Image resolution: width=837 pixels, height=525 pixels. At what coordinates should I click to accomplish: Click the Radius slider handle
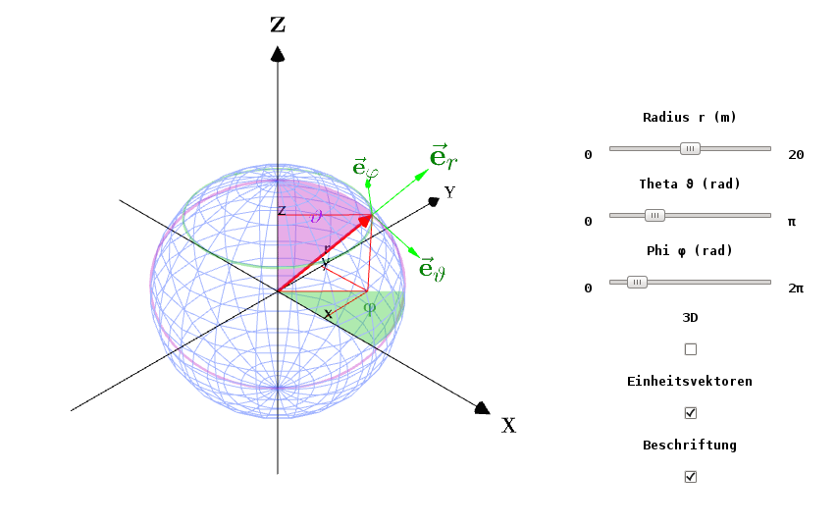pos(690,148)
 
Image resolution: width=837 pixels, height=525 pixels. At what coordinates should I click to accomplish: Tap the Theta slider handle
pos(654,215)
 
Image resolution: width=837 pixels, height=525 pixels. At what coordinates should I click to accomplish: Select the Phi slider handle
pos(637,282)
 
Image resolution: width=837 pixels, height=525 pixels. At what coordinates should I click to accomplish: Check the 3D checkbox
pos(690,349)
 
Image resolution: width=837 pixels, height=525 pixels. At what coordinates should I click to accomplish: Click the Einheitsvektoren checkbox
pos(690,413)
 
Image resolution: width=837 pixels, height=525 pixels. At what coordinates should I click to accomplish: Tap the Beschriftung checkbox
pos(690,476)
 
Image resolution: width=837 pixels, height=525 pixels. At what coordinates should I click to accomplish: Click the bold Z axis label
pos(278,25)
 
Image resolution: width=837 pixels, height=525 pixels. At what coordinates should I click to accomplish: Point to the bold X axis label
pos(508,426)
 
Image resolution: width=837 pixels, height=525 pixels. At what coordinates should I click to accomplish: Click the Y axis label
pos(450,192)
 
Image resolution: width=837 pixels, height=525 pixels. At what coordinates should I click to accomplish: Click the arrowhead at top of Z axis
pos(277,54)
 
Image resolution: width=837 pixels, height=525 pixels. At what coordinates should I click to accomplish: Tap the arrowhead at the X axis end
pos(482,408)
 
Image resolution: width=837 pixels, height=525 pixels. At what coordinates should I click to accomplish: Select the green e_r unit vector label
pos(444,157)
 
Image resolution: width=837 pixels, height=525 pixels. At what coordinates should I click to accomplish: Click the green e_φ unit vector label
pos(366,168)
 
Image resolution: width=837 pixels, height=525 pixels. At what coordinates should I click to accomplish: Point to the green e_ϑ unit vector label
pos(433,269)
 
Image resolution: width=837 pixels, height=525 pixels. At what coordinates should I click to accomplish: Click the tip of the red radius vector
pos(372,215)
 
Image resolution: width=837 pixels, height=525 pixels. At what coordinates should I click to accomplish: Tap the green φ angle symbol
pos(369,307)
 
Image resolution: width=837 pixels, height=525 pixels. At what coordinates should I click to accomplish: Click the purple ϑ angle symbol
pos(317,216)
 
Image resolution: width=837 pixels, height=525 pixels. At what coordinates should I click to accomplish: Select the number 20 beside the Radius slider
pos(796,155)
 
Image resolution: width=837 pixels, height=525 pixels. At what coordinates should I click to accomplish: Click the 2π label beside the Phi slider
pos(796,289)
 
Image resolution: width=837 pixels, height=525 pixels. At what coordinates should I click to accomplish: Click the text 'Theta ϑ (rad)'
pos(690,184)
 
